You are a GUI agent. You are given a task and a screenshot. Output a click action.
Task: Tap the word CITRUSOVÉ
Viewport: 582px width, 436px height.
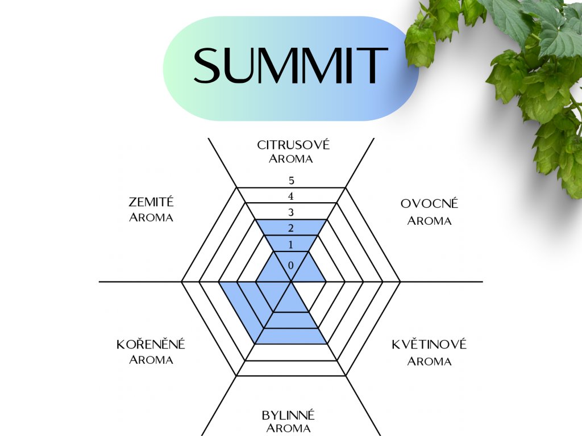click(293, 145)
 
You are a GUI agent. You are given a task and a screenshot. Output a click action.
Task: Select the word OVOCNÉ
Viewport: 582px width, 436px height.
click(429, 204)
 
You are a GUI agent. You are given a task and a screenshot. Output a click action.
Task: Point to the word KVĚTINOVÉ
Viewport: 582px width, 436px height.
click(429, 344)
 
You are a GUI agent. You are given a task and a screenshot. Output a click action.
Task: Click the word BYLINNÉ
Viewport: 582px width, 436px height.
click(288, 415)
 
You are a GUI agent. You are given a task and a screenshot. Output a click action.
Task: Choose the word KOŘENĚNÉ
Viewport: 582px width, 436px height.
click(151, 345)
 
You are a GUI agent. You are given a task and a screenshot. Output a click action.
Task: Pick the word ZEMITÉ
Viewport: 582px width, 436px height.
click(151, 202)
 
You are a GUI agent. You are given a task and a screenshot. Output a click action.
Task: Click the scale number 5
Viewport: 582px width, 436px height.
click(291, 181)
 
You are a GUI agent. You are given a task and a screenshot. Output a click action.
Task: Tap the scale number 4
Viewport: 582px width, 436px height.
click(291, 197)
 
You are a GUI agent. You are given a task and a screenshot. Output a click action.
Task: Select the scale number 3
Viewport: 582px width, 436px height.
click(291, 213)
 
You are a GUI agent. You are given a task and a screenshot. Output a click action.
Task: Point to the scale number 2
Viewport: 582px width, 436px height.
click(291, 229)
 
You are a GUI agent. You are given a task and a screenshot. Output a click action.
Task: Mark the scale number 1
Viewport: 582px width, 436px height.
click(291, 245)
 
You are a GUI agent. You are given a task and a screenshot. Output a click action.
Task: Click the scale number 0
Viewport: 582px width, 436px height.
click(291, 265)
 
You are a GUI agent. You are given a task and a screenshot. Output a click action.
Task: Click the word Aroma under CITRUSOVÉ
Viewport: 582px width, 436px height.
click(291, 159)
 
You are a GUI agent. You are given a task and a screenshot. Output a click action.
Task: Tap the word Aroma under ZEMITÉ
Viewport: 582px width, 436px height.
click(151, 217)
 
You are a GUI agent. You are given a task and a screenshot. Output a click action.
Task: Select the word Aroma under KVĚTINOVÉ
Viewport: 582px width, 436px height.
click(429, 361)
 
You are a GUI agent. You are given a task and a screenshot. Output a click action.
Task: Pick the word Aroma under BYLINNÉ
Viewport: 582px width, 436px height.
click(288, 428)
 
